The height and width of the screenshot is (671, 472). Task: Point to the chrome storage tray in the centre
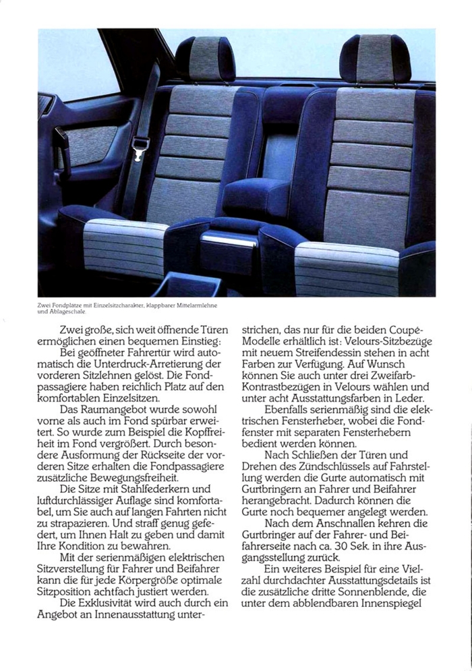coord(229,240)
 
